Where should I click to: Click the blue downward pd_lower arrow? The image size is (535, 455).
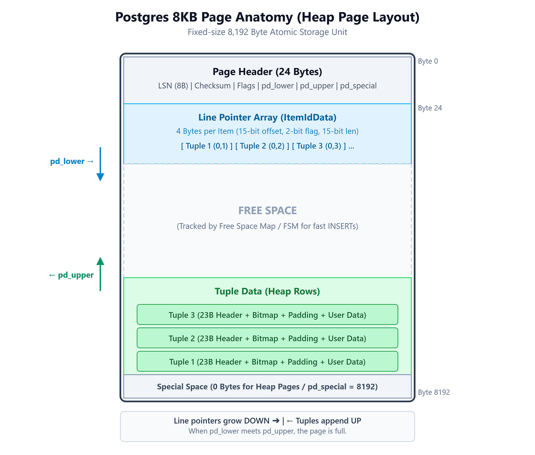point(100,164)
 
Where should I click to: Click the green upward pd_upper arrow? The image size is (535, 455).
point(100,274)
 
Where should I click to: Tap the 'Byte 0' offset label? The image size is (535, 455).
point(428,61)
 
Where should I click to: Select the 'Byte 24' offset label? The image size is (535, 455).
point(430,108)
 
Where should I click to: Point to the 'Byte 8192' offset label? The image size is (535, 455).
point(434,392)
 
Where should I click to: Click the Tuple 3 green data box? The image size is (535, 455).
point(267,315)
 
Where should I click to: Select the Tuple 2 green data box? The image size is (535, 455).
point(267,338)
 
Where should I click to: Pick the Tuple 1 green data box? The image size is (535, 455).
point(267,361)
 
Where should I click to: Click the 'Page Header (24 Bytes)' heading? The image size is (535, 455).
point(267,72)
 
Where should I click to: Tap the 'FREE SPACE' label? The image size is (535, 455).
point(267,211)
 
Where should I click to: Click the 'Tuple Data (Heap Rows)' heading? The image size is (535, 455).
point(267,291)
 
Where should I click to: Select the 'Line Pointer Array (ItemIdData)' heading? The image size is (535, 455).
point(267,117)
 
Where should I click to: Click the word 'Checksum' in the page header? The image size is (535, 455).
point(212,86)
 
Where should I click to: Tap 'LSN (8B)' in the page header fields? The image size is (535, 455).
point(173,86)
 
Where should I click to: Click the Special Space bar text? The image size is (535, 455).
point(267,387)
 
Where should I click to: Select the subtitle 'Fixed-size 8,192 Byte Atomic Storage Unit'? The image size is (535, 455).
point(267,32)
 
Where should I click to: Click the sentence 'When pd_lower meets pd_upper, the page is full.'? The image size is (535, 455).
point(267,431)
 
